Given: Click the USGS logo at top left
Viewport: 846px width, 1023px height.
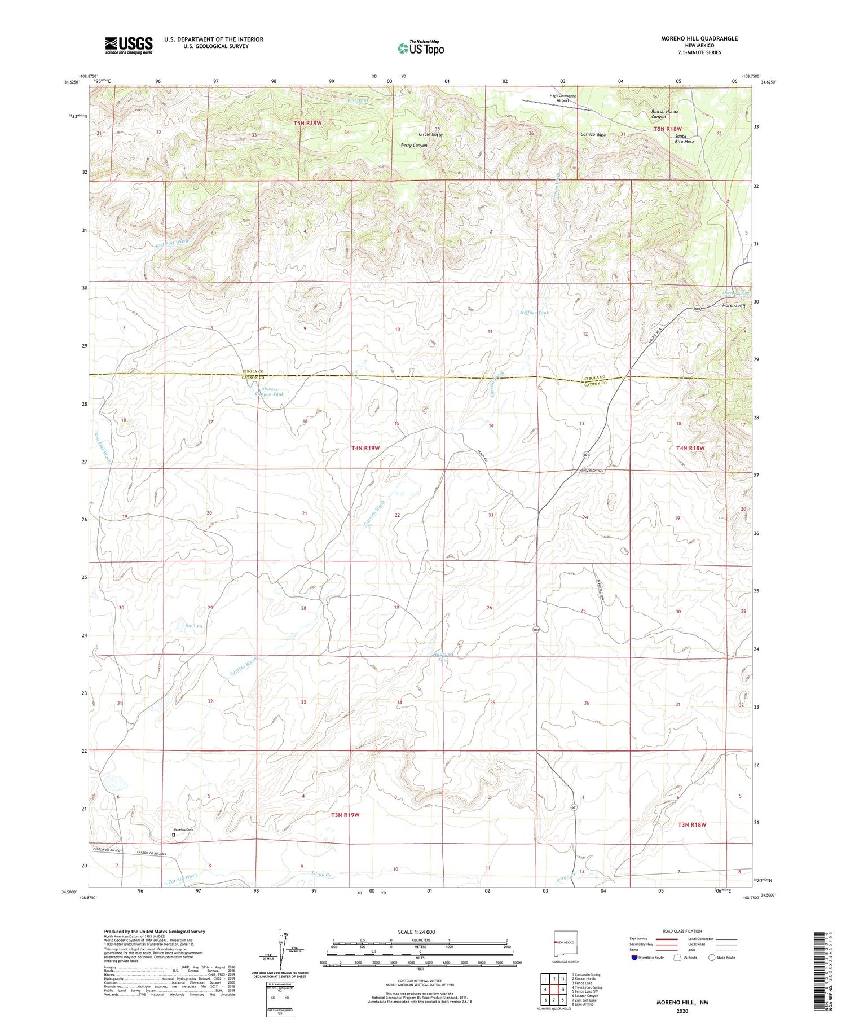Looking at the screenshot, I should click(129, 45).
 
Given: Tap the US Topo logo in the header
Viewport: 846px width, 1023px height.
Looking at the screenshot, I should click(421, 49).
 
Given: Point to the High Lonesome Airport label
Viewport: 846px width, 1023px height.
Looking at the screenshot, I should click(563, 98).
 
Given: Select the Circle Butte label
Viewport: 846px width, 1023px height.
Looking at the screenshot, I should click(430, 135).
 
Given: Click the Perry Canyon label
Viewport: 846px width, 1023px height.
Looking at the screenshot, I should click(414, 146).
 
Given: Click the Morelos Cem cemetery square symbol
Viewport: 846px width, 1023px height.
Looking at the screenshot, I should click(173, 835).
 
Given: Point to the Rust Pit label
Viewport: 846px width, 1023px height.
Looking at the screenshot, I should click(194, 626).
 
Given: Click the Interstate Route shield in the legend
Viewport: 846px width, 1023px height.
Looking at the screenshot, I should click(635, 958).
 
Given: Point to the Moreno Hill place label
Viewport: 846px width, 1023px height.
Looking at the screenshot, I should click(733, 306).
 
